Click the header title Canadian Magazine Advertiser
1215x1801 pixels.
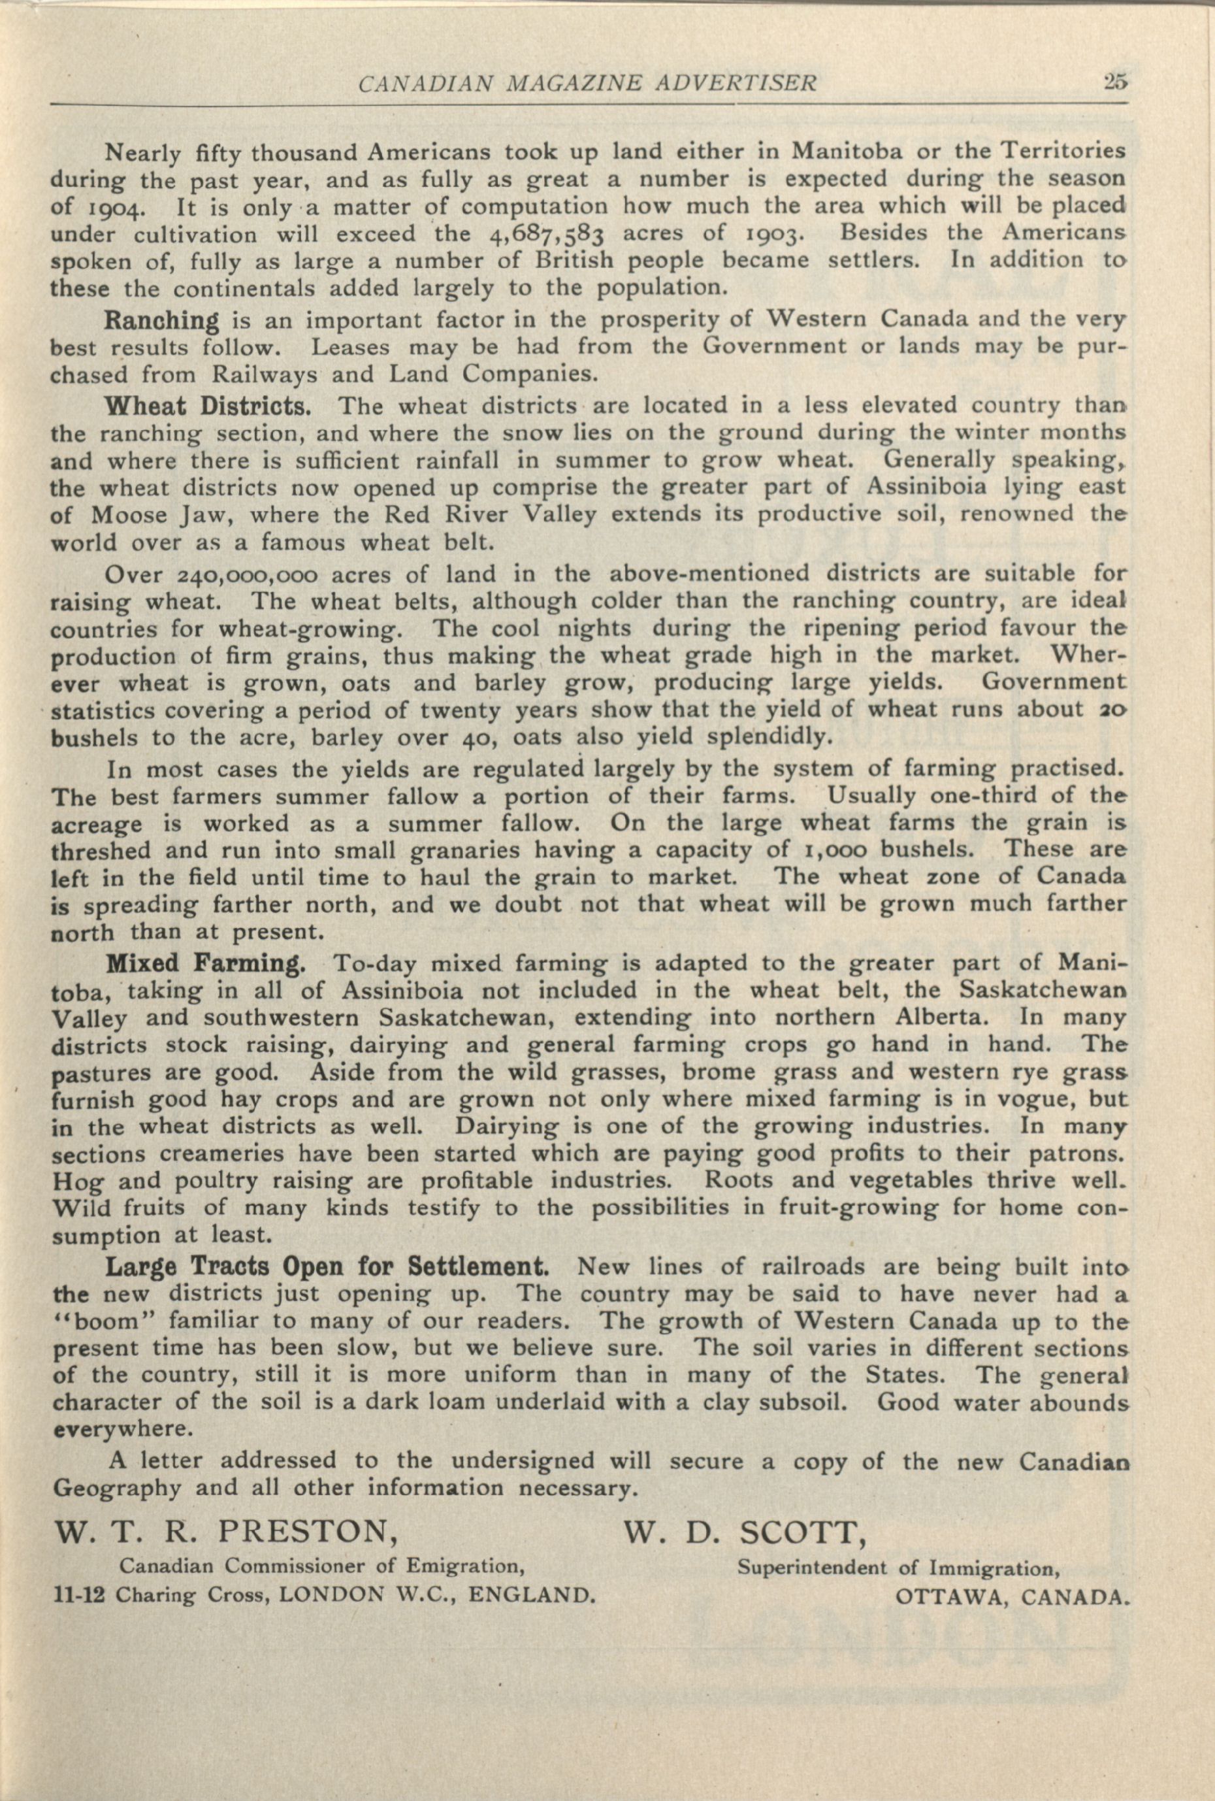(x=587, y=83)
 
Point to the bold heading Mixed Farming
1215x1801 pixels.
(x=204, y=964)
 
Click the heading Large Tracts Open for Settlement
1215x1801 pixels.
(x=328, y=1268)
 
